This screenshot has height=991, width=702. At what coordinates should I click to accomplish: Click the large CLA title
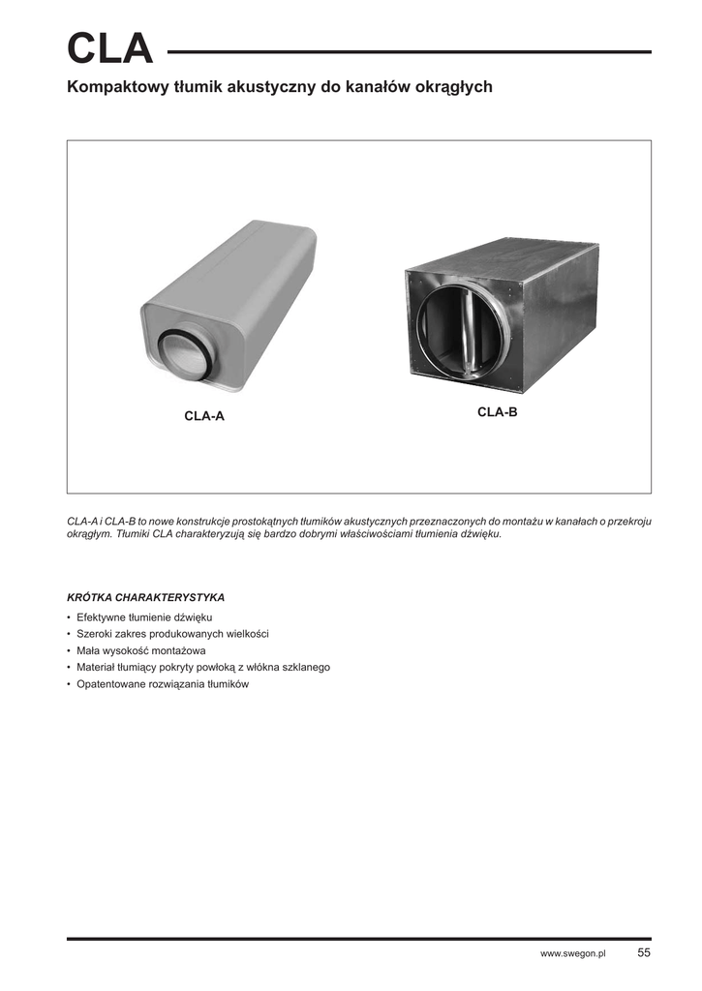click(x=109, y=49)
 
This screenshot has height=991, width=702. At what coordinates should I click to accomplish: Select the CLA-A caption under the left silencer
click(x=204, y=416)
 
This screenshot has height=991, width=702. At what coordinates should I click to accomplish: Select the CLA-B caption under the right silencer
click(x=498, y=412)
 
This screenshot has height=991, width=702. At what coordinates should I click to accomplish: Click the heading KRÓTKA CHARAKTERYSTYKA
click(x=145, y=597)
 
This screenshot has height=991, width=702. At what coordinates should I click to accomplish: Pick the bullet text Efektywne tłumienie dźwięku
click(x=137, y=616)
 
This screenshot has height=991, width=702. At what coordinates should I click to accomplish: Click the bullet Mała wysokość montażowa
click(x=141, y=650)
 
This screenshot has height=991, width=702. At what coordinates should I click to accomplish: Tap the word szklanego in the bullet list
click(x=306, y=668)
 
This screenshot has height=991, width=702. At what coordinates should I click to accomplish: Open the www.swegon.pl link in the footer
click(x=572, y=954)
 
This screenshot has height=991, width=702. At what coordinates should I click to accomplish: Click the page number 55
click(x=644, y=953)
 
